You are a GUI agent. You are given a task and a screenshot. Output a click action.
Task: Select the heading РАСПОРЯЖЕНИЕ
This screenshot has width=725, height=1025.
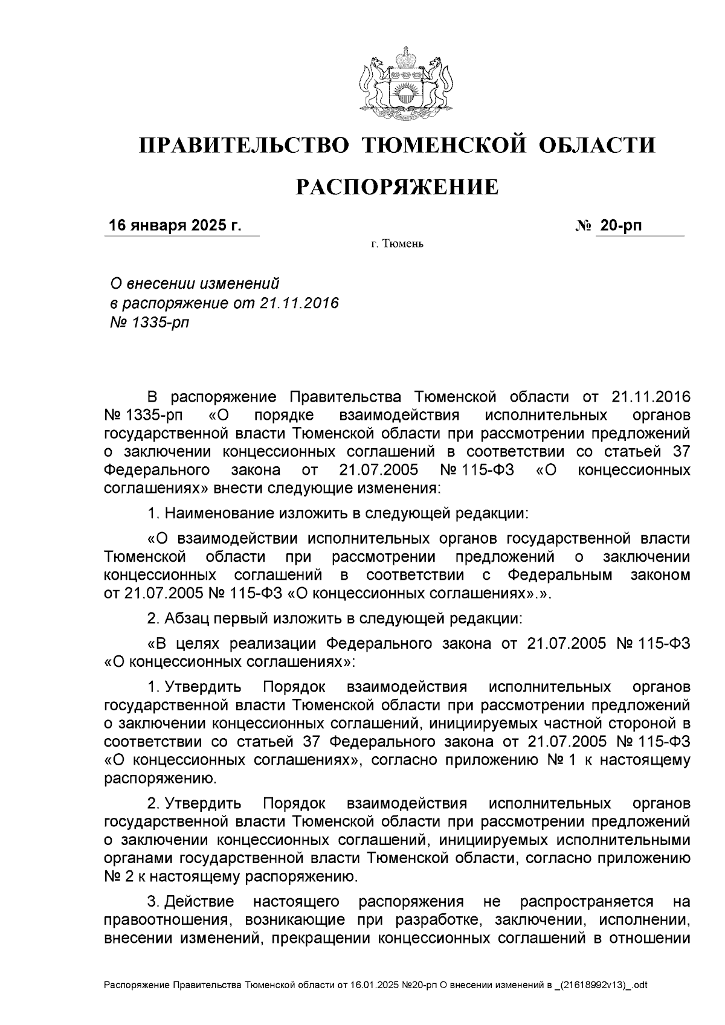tap(397, 188)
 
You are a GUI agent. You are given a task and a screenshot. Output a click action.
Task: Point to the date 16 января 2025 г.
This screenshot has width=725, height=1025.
tap(175, 226)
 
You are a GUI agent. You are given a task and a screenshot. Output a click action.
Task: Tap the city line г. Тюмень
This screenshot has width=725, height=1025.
tap(397, 245)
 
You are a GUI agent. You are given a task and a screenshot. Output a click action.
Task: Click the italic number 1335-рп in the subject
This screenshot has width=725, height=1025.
tap(159, 322)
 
